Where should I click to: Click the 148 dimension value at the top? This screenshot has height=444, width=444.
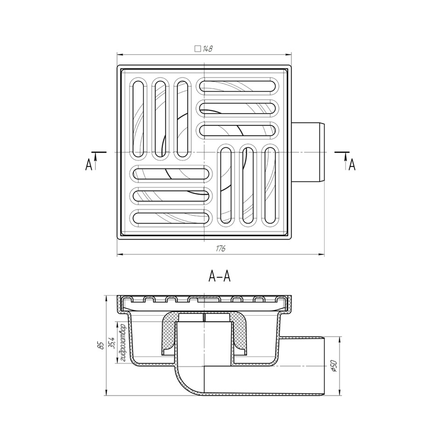[x=208, y=49]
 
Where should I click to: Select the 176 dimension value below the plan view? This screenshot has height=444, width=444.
[x=220, y=249]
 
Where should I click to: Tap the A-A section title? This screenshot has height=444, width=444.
[x=219, y=277]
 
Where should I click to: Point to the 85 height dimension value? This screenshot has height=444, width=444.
[x=101, y=345]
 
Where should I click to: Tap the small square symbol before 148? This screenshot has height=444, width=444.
[x=198, y=49]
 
